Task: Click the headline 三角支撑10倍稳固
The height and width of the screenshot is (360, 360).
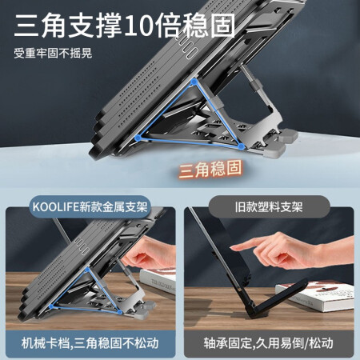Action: [125, 26]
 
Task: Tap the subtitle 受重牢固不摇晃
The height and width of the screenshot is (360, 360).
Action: [53, 53]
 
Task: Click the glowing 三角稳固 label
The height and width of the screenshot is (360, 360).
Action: [210, 169]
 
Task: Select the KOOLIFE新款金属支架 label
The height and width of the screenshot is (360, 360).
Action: [90, 207]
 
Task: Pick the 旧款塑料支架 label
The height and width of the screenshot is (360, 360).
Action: [269, 207]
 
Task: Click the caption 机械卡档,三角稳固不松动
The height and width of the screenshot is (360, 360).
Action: [90, 343]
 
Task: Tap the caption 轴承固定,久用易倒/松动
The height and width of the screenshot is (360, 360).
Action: [269, 343]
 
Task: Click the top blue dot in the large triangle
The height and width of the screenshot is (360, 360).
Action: [194, 82]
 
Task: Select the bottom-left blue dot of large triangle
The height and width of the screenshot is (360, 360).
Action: [138, 138]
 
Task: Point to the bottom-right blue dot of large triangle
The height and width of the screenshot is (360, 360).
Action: [241, 146]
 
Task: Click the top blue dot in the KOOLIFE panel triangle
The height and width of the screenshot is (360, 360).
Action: [87, 270]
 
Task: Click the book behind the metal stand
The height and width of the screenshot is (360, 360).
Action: [158, 281]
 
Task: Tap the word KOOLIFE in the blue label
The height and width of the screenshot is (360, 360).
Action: [56, 207]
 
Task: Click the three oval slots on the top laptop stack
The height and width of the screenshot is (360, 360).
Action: [188, 48]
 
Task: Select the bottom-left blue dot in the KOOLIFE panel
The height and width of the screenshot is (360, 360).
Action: [51, 306]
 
